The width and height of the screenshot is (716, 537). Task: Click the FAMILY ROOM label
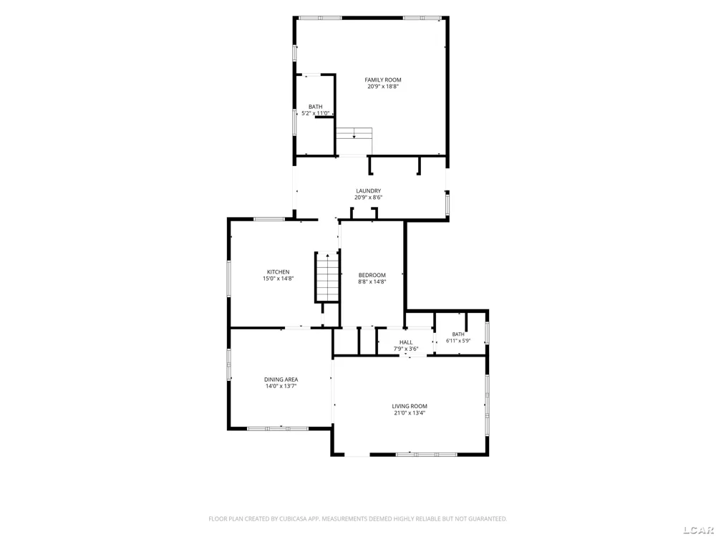click(x=382, y=80)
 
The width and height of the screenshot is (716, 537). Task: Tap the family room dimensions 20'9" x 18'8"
click(x=383, y=87)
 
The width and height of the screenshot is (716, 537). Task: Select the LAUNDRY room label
click(x=369, y=191)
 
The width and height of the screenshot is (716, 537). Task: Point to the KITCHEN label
click(x=278, y=272)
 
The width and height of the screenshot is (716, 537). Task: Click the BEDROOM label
click(x=372, y=276)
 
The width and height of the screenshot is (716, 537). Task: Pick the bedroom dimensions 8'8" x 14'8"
click(x=372, y=281)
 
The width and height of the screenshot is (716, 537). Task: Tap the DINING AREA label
click(x=281, y=379)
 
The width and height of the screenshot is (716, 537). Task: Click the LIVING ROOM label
click(x=410, y=407)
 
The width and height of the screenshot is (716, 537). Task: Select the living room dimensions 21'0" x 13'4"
click(x=410, y=413)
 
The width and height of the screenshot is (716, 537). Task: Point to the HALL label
click(x=406, y=342)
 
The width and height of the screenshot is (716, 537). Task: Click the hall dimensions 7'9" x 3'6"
click(x=406, y=349)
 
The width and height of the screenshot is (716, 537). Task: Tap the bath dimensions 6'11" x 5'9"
click(x=458, y=341)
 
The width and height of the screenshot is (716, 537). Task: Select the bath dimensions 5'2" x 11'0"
click(x=315, y=113)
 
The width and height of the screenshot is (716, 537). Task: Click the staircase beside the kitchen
click(x=327, y=276)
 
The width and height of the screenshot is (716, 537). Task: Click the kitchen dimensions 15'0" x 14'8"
click(x=278, y=279)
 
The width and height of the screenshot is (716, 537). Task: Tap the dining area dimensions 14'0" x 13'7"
click(x=281, y=386)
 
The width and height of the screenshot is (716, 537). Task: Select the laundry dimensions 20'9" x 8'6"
click(x=369, y=198)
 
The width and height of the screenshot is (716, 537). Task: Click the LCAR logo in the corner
click(x=699, y=530)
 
